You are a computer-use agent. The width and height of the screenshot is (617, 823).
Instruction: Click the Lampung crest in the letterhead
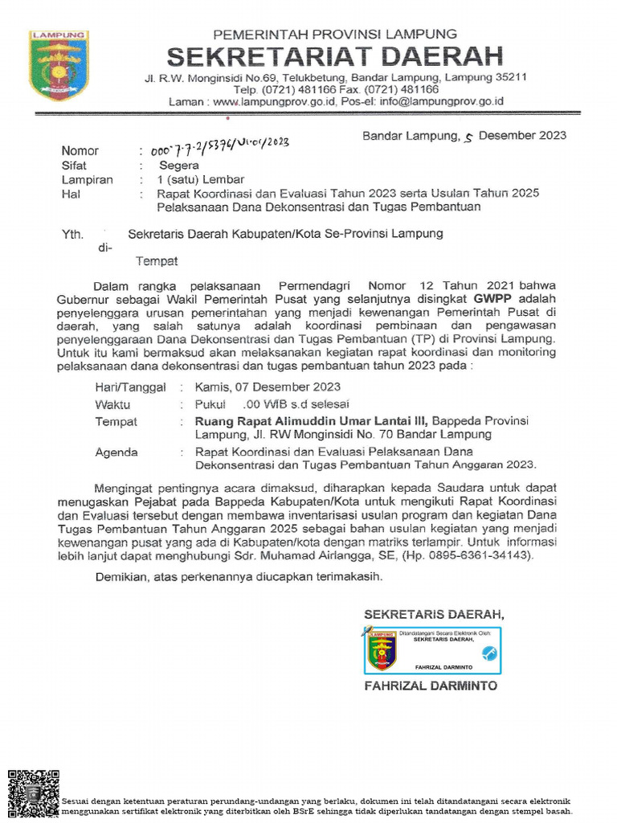click(59, 66)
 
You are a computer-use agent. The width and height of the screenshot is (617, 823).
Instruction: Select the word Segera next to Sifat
click(179, 165)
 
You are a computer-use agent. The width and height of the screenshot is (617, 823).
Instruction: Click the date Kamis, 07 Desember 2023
click(268, 387)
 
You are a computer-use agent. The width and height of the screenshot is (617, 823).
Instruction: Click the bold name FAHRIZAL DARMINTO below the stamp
click(431, 686)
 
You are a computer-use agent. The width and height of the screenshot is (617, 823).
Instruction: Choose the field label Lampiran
click(88, 179)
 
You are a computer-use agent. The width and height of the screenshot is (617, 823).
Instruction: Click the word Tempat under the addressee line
click(156, 261)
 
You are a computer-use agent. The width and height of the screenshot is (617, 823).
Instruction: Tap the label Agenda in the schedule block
click(116, 452)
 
